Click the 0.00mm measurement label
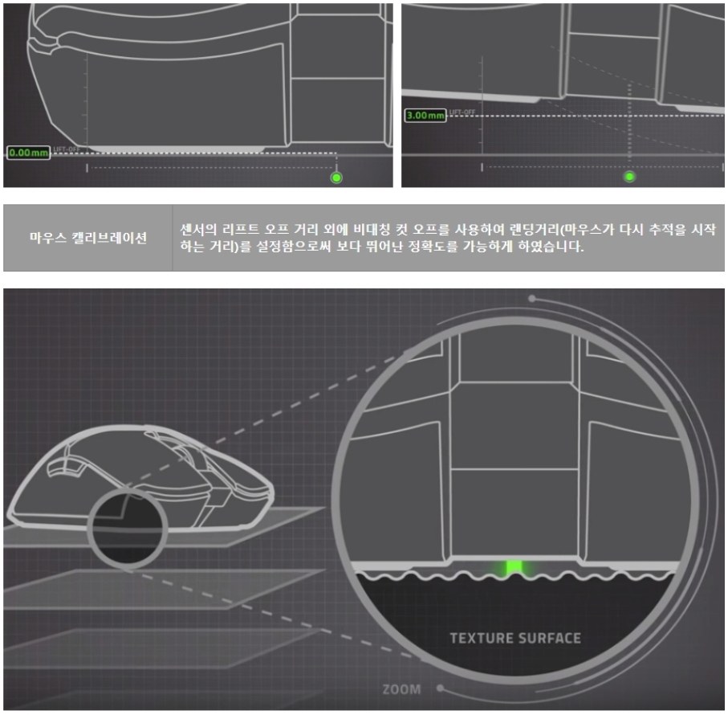click(28, 152)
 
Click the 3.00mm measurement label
click(425, 116)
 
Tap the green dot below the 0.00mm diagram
click(336, 177)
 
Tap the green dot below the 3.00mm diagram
click(629, 177)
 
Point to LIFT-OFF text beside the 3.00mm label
click(462, 112)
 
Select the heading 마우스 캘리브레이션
click(88, 239)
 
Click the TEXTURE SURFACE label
click(514, 639)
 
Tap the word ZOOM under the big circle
click(401, 689)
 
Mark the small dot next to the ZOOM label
click(441, 688)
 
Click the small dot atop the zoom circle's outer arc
click(532, 298)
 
